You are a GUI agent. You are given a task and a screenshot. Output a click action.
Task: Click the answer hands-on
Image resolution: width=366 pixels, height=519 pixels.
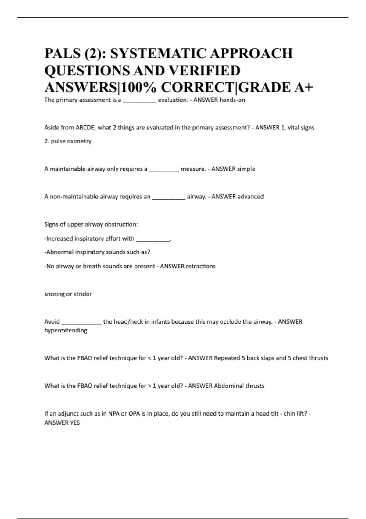coord(232,100)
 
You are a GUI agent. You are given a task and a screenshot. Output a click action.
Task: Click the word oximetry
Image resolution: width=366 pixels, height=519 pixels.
coord(80,141)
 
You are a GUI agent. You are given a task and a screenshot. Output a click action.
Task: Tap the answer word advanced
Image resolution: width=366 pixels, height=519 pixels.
coord(250,197)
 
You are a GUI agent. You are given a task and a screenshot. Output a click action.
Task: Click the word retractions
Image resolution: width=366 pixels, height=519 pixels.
coord(201,266)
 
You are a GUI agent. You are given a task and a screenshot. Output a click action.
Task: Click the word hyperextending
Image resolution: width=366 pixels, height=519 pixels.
coord(66,330)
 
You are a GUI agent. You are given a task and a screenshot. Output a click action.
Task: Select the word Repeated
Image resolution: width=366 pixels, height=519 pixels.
coord(227,358)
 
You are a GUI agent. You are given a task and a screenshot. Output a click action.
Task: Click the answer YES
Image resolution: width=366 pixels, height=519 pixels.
coord(75,423)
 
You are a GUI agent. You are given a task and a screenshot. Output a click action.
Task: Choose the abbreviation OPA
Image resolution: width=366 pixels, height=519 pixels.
coord(134,414)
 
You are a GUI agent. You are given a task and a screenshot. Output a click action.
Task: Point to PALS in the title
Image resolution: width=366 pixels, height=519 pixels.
coord(63,54)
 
